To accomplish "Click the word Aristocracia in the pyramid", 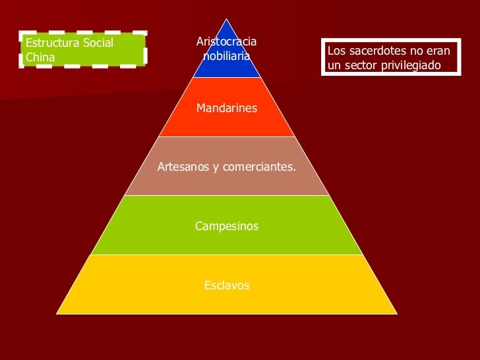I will [227, 42].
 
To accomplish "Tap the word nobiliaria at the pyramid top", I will [227, 56].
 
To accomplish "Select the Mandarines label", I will [227, 108].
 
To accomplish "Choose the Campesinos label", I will [227, 226].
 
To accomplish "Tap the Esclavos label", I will [227, 285].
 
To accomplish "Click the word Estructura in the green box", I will [51, 43].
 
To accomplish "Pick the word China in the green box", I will [40, 57].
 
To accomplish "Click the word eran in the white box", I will [437, 51].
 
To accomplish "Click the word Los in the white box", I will [336, 51].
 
